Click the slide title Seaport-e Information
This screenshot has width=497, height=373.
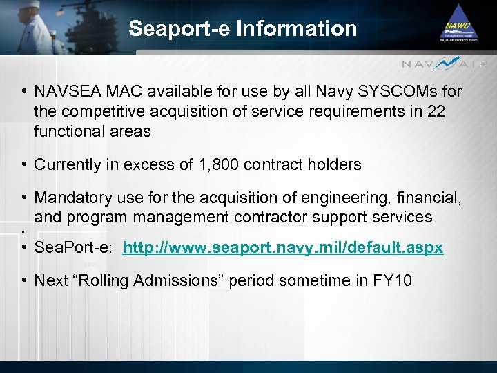(x=243, y=28)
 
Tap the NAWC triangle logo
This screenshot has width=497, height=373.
(x=458, y=26)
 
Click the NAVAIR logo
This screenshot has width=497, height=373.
(x=445, y=64)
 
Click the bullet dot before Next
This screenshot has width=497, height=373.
(x=24, y=281)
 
